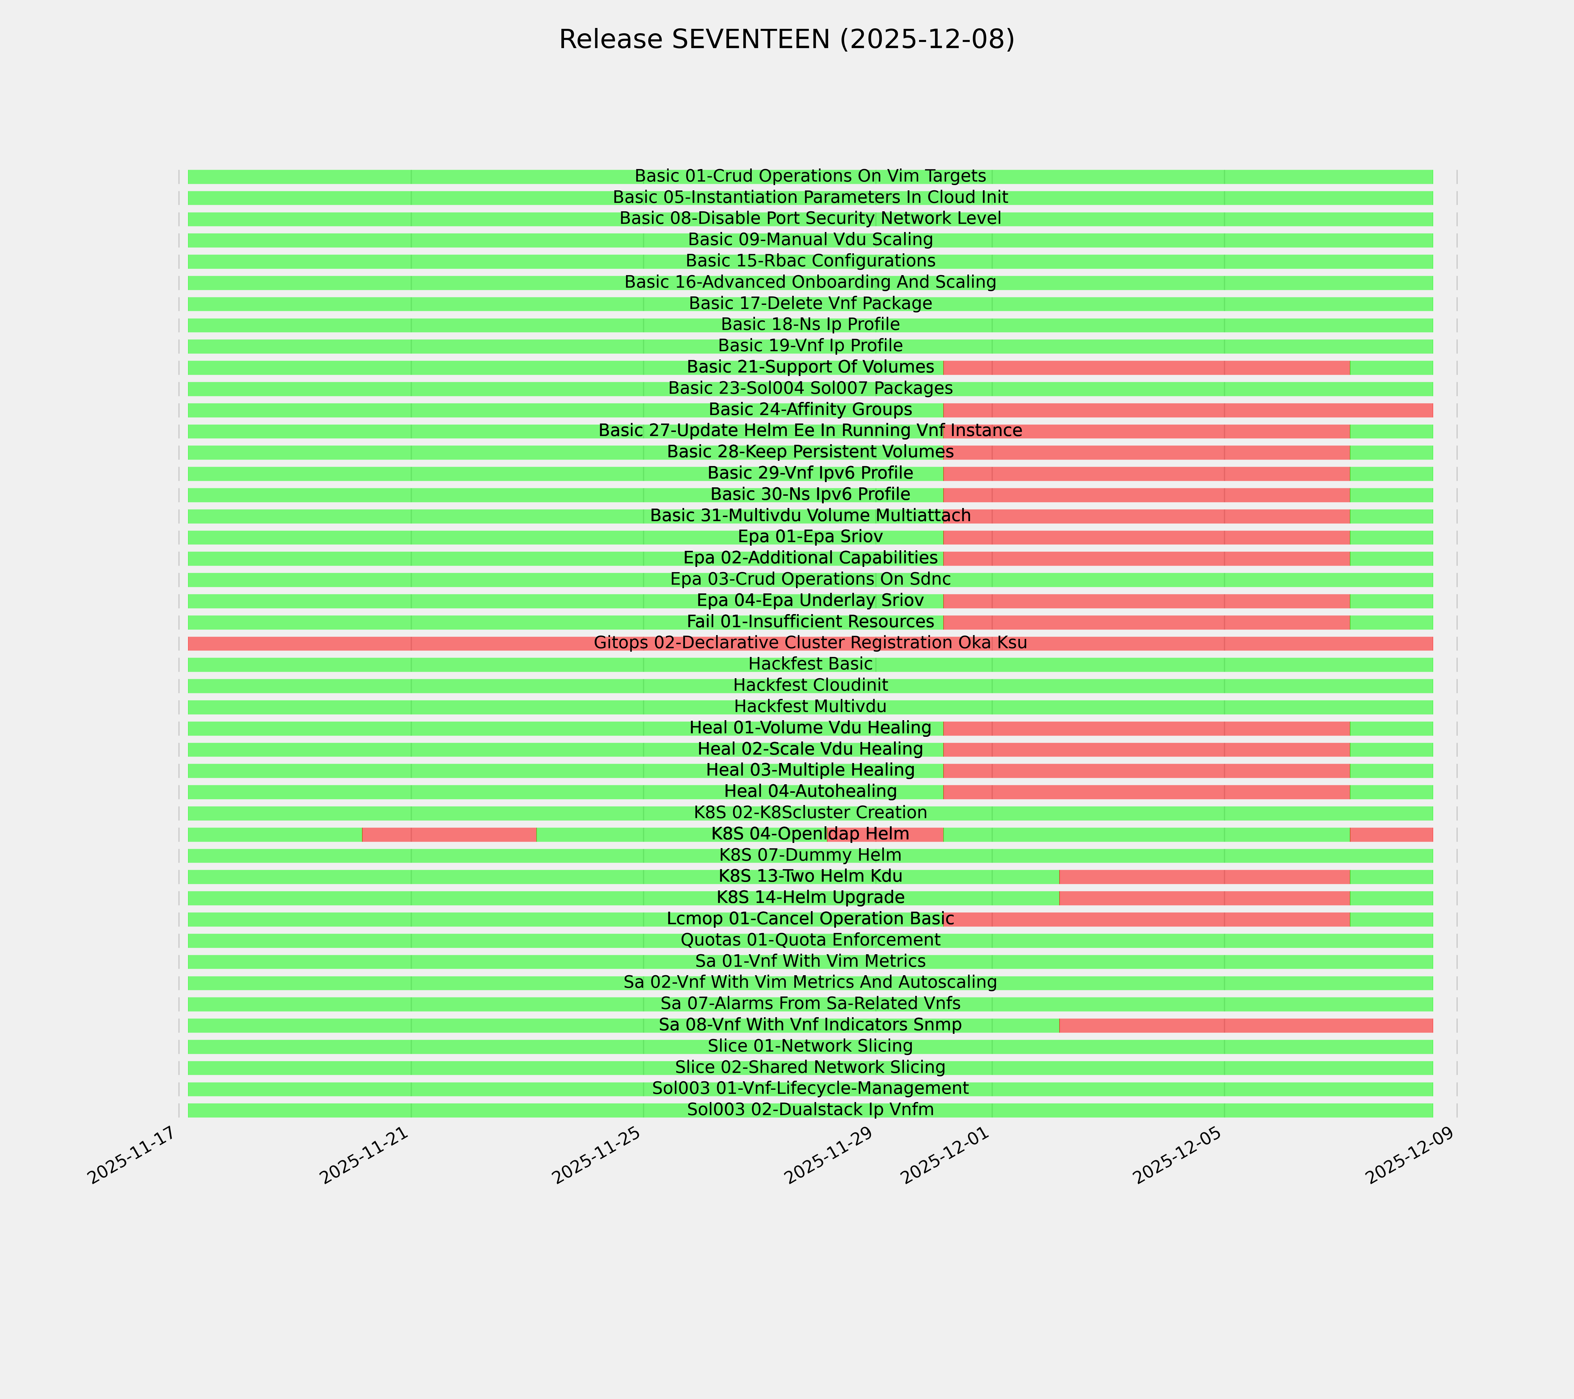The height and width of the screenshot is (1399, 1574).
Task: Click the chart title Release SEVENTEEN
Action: click(x=786, y=39)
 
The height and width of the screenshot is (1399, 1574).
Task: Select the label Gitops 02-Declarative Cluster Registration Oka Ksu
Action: click(x=810, y=643)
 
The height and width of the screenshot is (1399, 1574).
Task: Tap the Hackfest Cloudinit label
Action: click(x=810, y=685)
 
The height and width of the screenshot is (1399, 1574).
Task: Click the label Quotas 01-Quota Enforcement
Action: click(x=810, y=940)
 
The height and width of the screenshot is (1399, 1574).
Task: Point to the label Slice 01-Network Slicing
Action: click(x=810, y=1046)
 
